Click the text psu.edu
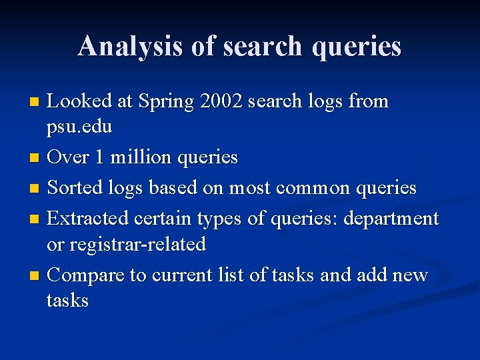tap(79, 127)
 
